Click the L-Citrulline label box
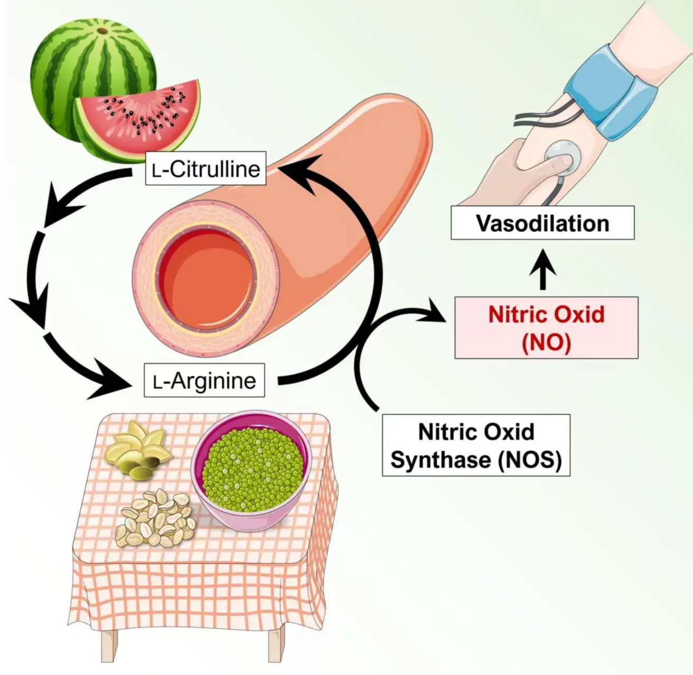pyautogui.click(x=205, y=169)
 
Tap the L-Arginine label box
pyautogui.click(x=204, y=380)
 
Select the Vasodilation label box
pyautogui.click(x=542, y=223)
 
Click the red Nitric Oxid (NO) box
pyautogui.click(x=546, y=328)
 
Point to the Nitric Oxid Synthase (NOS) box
pyautogui.click(x=476, y=445)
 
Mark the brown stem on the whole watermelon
pyautogui.click(x=101, y=31)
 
